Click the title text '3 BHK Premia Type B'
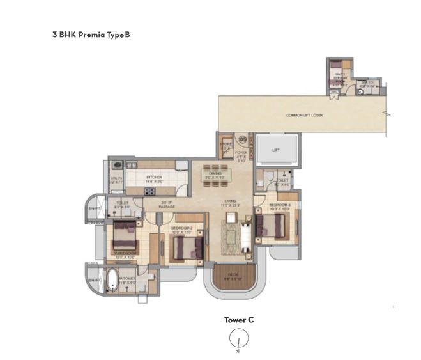[x=91, y=34]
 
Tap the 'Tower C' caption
[x=239, y=320]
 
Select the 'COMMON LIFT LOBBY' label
[x=304, y=115]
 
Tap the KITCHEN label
[x=154, y=177]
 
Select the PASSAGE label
[x=167, y=206]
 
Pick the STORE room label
[x=225, y=146]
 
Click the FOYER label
[x=241, y=153]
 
